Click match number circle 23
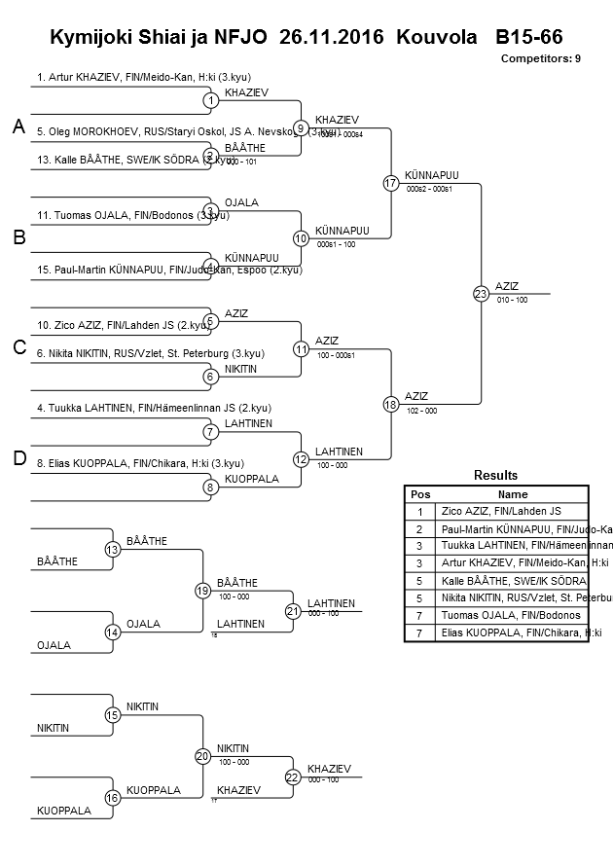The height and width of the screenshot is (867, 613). [x=480, y=293]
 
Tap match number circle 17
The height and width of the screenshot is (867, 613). [x=390, y=182]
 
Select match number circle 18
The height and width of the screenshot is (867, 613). [x=390, y=404]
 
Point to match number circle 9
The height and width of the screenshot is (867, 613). [x=301, y=127]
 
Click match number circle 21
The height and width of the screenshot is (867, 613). [x=292, y=611]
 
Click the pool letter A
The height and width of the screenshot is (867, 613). [x=18, y=126]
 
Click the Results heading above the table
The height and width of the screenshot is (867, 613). [x=495, y=475]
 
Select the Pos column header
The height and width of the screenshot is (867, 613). [x=420, y=493]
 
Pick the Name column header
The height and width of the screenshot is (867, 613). [x=512, y=493]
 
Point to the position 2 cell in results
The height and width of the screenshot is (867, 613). [x=420, y=528]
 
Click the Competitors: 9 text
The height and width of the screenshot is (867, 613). [x=541, y=58]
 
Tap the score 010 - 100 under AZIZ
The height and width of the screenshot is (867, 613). [x=512, y=300]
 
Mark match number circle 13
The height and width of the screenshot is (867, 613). [x=112, y=550]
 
